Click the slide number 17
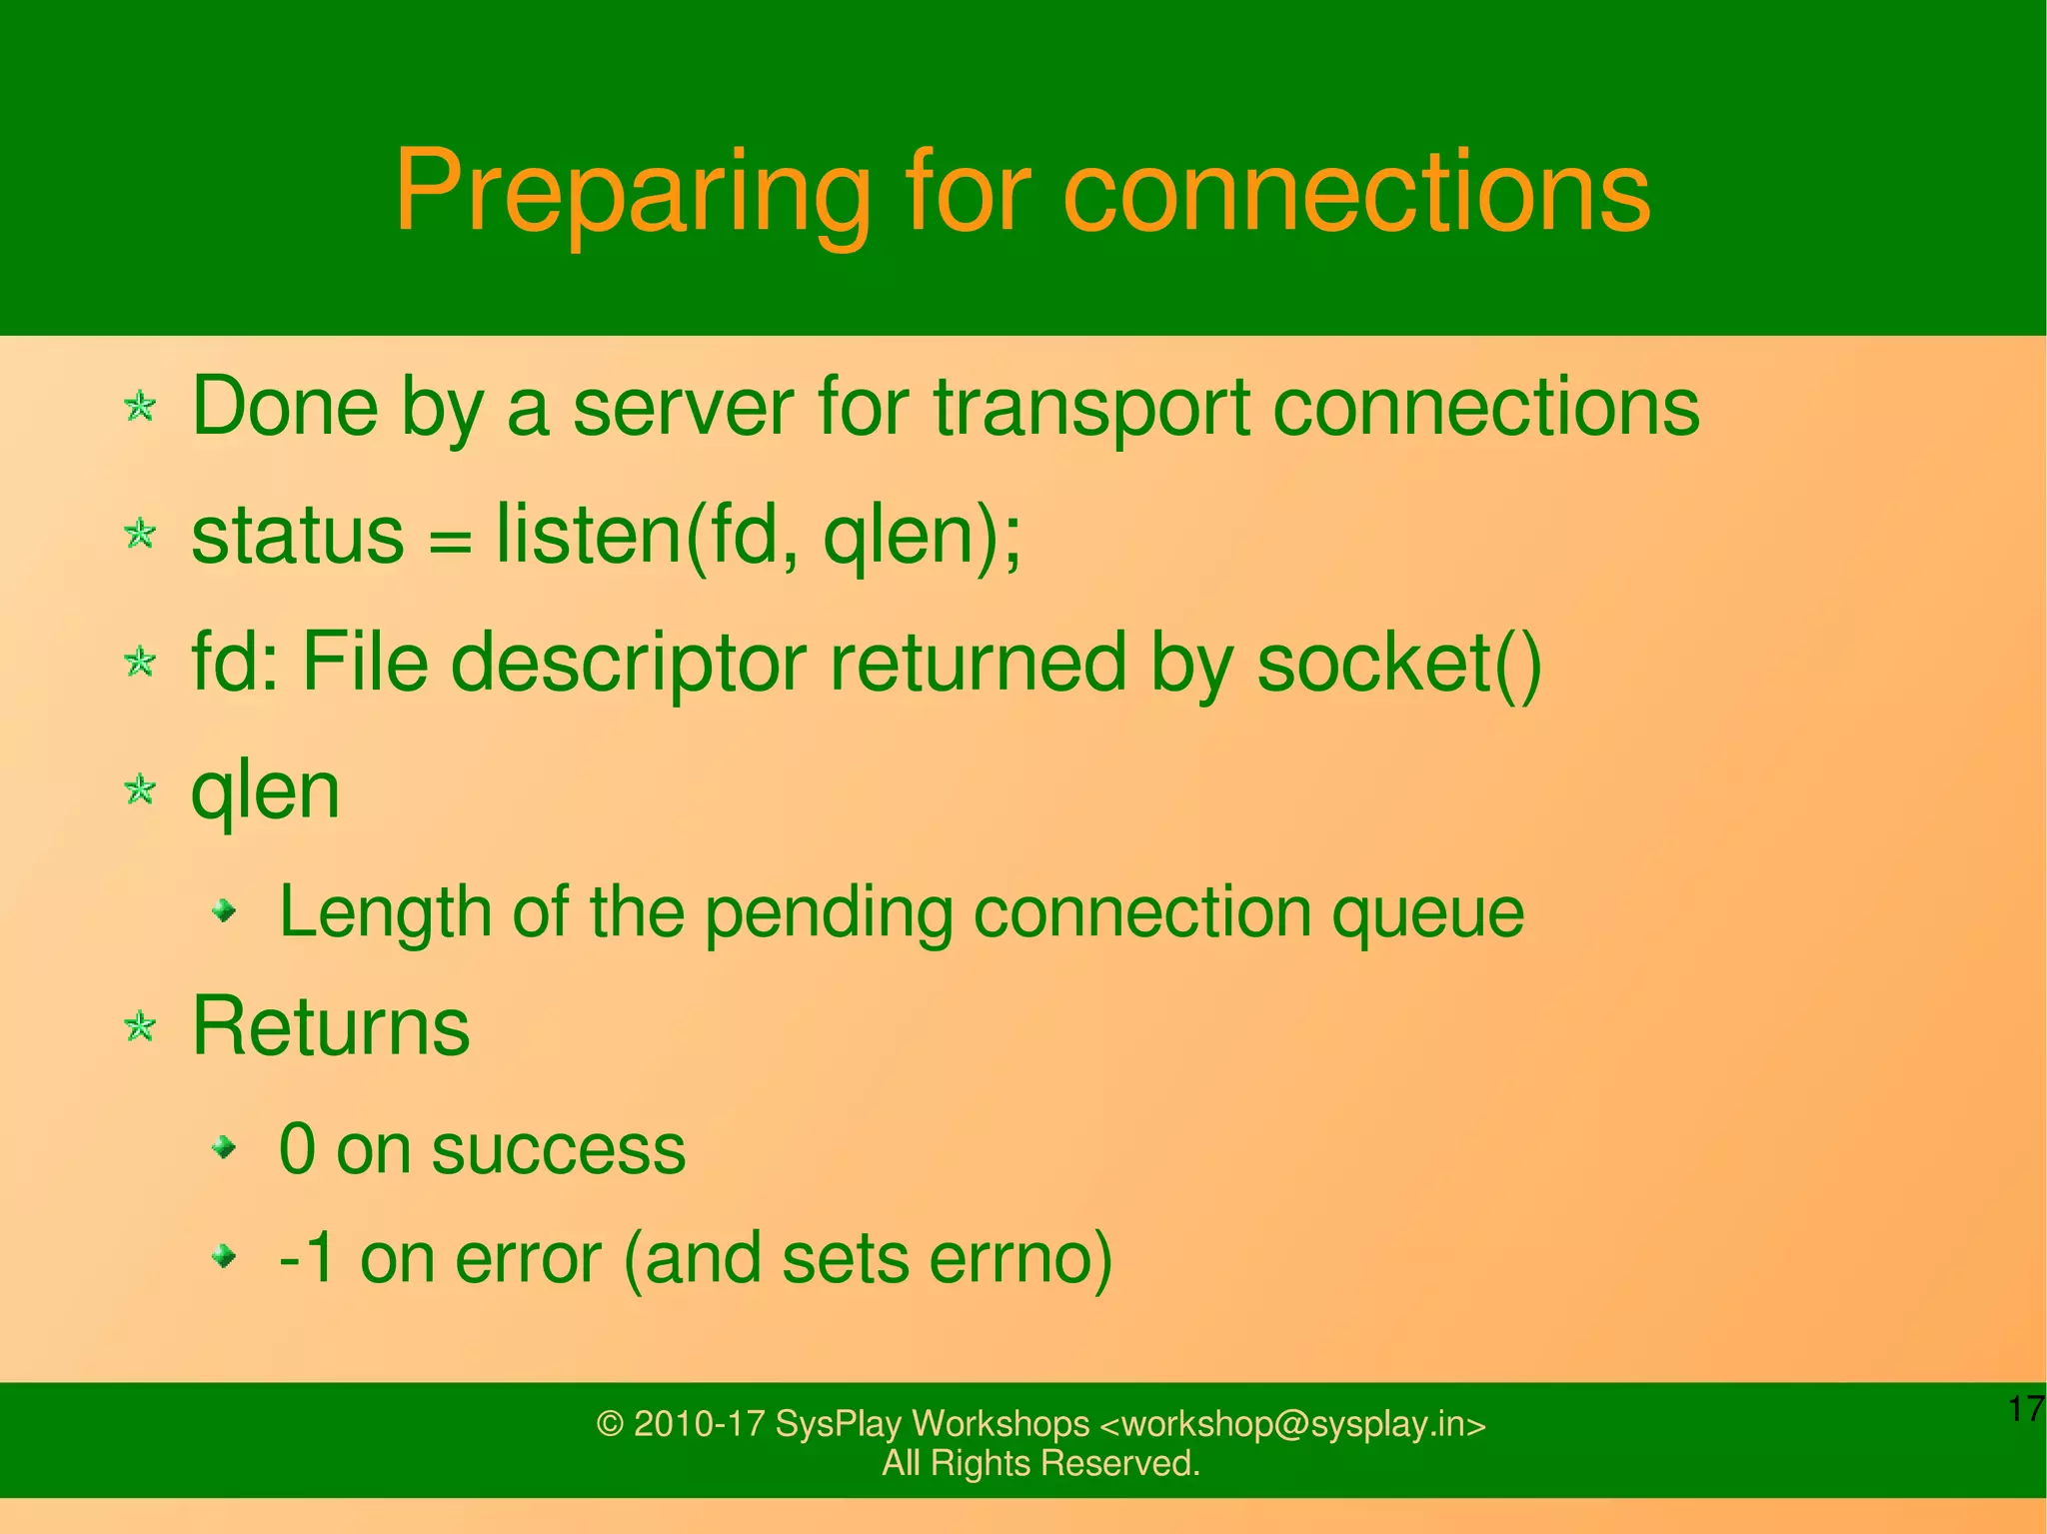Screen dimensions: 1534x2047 click(2025, 1410)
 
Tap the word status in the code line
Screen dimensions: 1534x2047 click(297, 536)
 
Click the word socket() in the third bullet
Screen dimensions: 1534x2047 click(1397, 664)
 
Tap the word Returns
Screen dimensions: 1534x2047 click(330, 1027)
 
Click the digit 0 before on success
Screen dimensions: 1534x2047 click(297, 1149)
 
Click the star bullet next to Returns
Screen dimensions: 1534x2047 click(140, 1027)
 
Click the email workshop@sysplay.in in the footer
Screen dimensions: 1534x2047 click(1291, 1424)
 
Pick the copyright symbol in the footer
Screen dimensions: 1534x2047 click(609, 1424)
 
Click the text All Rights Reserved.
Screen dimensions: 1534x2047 click(1039, 1463)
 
